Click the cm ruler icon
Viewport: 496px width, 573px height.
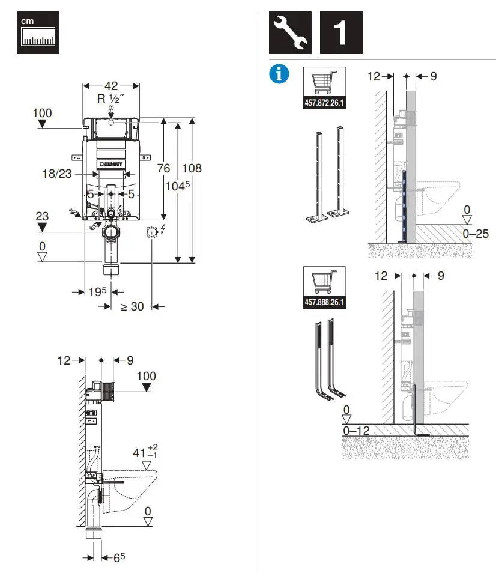tap(38, 32)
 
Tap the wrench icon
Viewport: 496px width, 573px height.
tap(289, 32)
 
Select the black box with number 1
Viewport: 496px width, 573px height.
tap(340, 32)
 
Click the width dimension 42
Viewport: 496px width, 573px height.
tap(111, 85)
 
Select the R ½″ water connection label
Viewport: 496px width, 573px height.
tap(111, 98)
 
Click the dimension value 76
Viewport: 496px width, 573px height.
tap(163, 168)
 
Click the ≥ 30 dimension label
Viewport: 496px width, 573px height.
tap(132, 306)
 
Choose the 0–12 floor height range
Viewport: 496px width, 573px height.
tap(355, 430)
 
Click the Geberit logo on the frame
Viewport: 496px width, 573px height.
tap(112, 163)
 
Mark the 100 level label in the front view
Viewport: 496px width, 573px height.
tap(42, 113)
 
